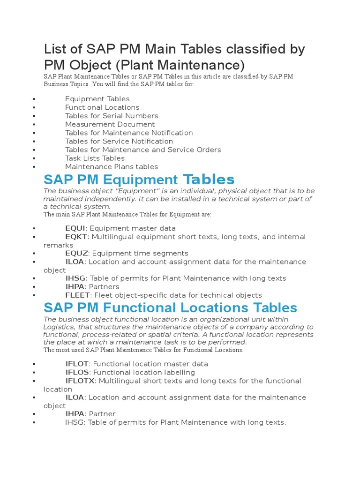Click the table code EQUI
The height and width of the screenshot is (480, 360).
click(75, 228)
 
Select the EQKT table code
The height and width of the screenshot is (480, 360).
click(76, 237)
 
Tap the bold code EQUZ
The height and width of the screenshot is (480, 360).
click(76, 253)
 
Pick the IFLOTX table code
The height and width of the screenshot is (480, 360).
click(80, 381)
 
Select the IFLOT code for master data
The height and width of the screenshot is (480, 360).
click(77, 364)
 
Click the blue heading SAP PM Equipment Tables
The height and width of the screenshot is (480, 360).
click(139, 180)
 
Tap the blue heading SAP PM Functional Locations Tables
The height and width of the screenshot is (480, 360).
click(170, 308)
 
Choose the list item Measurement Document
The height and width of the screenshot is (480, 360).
click(110, 124)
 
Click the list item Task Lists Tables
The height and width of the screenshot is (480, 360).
click(95, 158)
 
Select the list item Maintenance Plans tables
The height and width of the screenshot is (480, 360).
click(112, 166)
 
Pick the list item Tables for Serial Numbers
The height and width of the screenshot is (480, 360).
click(112, 116)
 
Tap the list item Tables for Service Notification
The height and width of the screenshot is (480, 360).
click(119, 141)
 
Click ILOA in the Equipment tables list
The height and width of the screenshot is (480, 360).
click(75, 262)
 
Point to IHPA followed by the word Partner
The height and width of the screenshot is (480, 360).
click(75, 414)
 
